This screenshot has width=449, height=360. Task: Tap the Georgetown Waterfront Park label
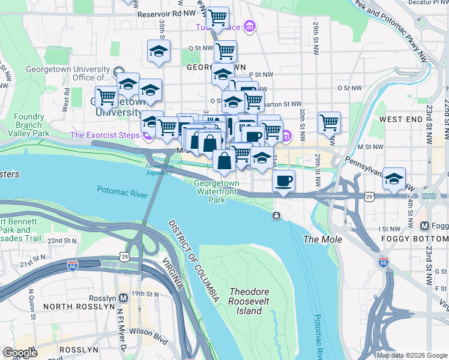click(x=216, y=191)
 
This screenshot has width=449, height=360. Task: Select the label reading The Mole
click(x=322, y=239)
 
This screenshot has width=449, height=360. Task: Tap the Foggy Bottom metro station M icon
click(x=425, y=226)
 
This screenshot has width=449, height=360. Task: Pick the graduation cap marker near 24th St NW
click(x=394, y=179)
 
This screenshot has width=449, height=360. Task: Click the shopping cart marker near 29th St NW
click(x=329, y=122)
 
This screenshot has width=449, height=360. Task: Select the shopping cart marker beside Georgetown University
click(x=106, y=96)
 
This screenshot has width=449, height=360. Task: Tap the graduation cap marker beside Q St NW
click(x=158, y=51)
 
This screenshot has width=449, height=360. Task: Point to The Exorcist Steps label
click(x=105, y=135)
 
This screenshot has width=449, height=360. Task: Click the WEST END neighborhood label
click(x=400, y=119)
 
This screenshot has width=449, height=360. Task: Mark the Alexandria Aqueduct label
click(x=159, y=170)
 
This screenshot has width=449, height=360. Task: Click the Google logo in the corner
click(x=19, y=353)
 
